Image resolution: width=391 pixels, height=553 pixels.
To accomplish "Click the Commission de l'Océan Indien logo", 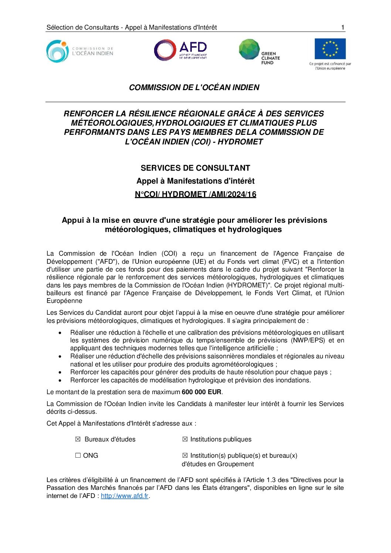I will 79,51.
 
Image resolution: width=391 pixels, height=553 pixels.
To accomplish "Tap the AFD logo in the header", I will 181,51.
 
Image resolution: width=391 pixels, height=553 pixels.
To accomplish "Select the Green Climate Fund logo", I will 259,52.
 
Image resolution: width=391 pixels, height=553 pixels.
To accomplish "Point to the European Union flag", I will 330,49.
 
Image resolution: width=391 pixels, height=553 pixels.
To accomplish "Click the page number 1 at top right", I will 343,27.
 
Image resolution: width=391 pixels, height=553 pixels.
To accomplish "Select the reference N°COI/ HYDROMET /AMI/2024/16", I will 195,194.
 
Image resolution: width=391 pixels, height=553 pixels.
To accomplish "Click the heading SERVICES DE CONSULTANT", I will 195,168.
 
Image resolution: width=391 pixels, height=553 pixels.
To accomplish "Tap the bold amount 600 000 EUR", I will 201,392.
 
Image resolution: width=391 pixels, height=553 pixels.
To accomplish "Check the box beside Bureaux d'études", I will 78,439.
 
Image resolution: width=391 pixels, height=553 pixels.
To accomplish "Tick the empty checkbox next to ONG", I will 78,455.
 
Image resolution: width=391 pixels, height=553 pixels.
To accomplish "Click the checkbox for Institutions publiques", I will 185,439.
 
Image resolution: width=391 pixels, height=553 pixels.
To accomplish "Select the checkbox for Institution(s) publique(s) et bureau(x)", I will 185,455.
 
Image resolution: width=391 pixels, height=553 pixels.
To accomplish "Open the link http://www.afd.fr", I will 125,496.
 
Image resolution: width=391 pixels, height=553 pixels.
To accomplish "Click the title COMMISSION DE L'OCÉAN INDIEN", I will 194,88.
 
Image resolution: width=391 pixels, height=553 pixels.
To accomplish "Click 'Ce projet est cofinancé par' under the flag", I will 330,64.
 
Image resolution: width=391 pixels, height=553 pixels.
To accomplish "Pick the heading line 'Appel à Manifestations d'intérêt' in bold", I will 195,181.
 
